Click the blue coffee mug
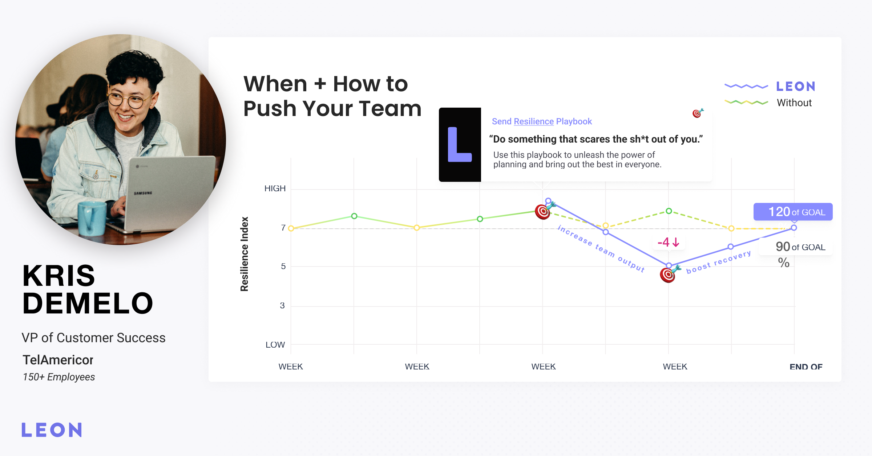click(x=92, y=218)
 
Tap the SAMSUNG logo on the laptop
click(x=143, y=193)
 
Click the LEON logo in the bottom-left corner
click(x=52, y=430)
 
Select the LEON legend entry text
click(x=796, y=87)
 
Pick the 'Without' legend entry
click(x=794, y=103)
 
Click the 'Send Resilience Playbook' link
click(x=542, y=121)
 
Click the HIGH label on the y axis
click(x=275, y=188)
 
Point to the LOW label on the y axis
click(x=275, y=345)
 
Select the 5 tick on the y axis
click(x=283, y=267)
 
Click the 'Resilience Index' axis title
click(x=245, y=254)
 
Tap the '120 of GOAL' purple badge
click(x=793, y=212)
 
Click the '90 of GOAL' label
click(x=800, y=247)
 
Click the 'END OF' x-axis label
click(x=806, y=367)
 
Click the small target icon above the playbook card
click(x=697, y=113)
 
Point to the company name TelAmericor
click(x=58, y=360)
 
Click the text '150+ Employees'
click(x=58, y=377)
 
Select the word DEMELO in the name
click(x=88, y=303)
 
